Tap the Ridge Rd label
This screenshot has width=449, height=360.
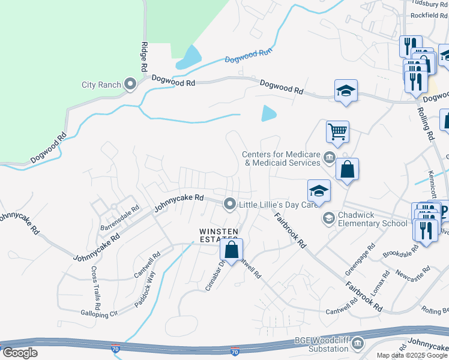tap(143, 58)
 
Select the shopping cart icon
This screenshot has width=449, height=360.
tap(337, 131)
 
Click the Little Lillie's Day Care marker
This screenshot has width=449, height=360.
tap(229, 205)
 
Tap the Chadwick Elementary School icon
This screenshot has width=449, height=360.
tap(328, 218)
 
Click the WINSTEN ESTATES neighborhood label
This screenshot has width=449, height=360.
tap(219, 235)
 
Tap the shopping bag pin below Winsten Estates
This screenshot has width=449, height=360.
tap(232, 250)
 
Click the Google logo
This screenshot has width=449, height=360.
tap(20, 353)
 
